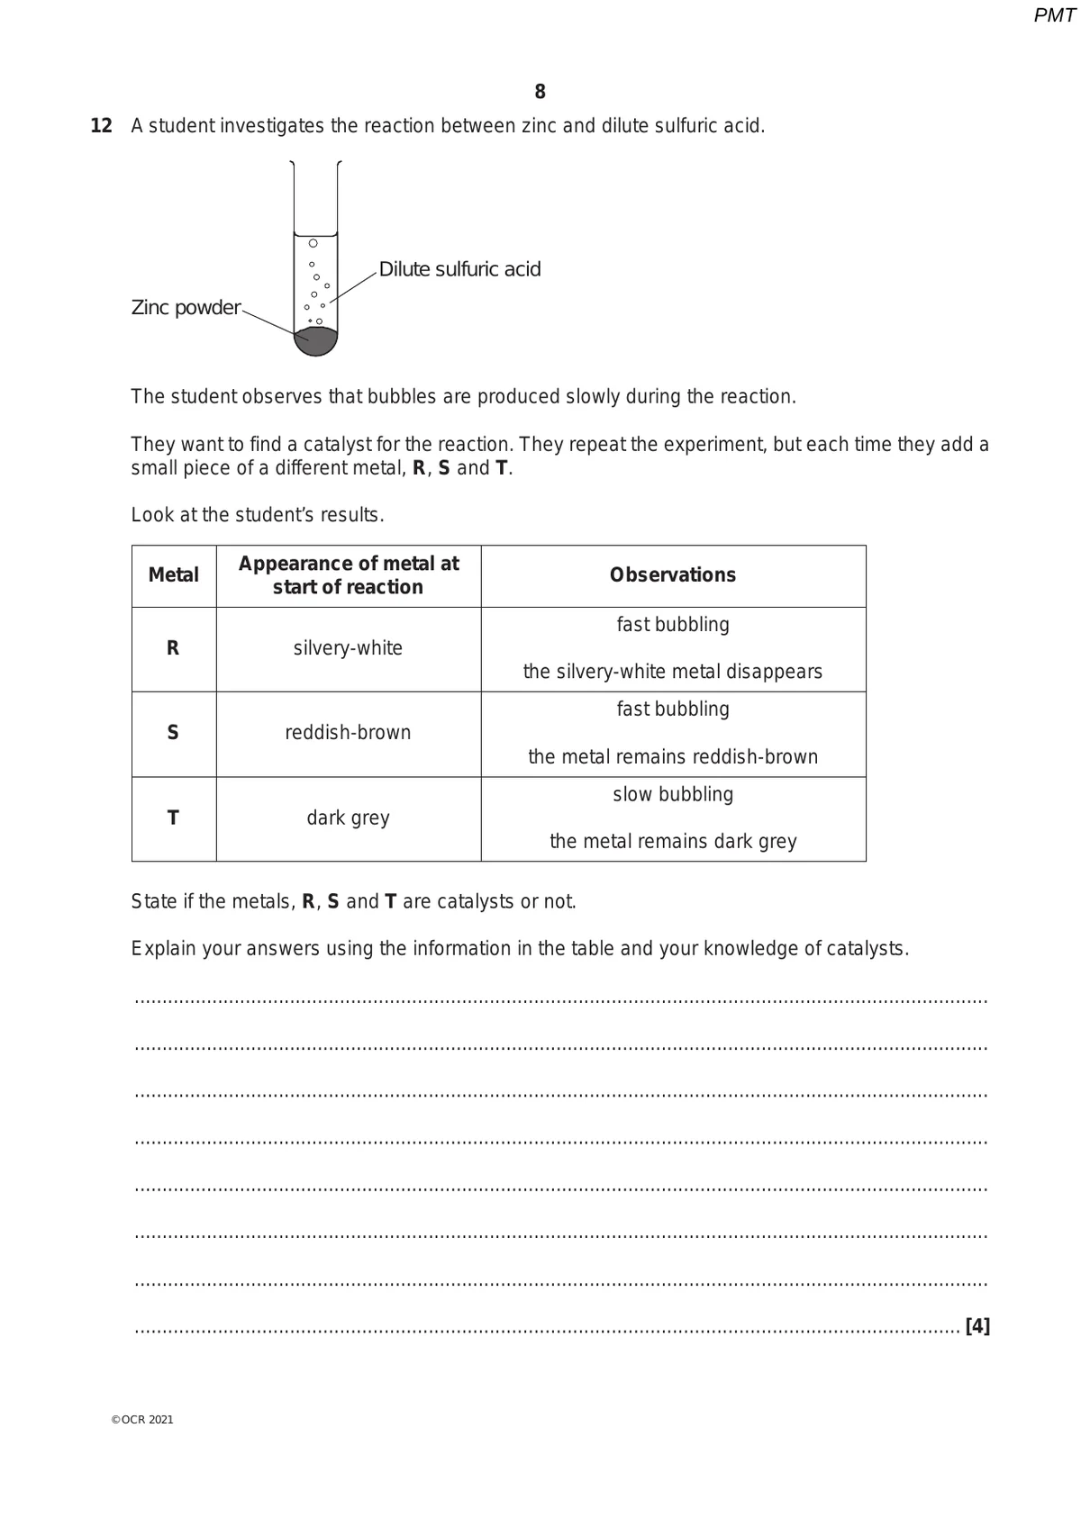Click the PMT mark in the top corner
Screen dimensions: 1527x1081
point(1053,15)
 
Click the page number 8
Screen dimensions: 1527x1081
point(540,92)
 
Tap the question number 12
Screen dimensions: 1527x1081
point(101,126)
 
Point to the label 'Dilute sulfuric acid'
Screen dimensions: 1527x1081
point(459,269)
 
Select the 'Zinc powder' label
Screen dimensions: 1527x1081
point(186,308)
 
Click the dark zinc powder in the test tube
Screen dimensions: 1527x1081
point(316,341)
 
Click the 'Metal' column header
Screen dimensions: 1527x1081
point(173,575)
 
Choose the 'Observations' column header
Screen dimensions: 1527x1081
point(672,575)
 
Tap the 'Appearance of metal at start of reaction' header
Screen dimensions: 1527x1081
point(348,575)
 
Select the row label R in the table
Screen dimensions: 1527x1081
point(173,648)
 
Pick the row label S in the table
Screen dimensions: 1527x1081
point(173,733)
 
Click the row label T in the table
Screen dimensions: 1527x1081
point(173,818)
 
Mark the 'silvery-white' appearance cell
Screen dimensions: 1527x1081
point(348,648)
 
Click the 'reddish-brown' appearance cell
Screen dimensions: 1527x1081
point(348,733)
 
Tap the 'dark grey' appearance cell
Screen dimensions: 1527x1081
point(348,818)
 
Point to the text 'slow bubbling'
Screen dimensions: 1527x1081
point(673,795)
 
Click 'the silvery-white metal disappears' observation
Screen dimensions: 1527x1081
point(673,673)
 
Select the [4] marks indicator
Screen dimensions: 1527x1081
point(977,1326)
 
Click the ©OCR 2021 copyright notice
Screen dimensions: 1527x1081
point(142,1420)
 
